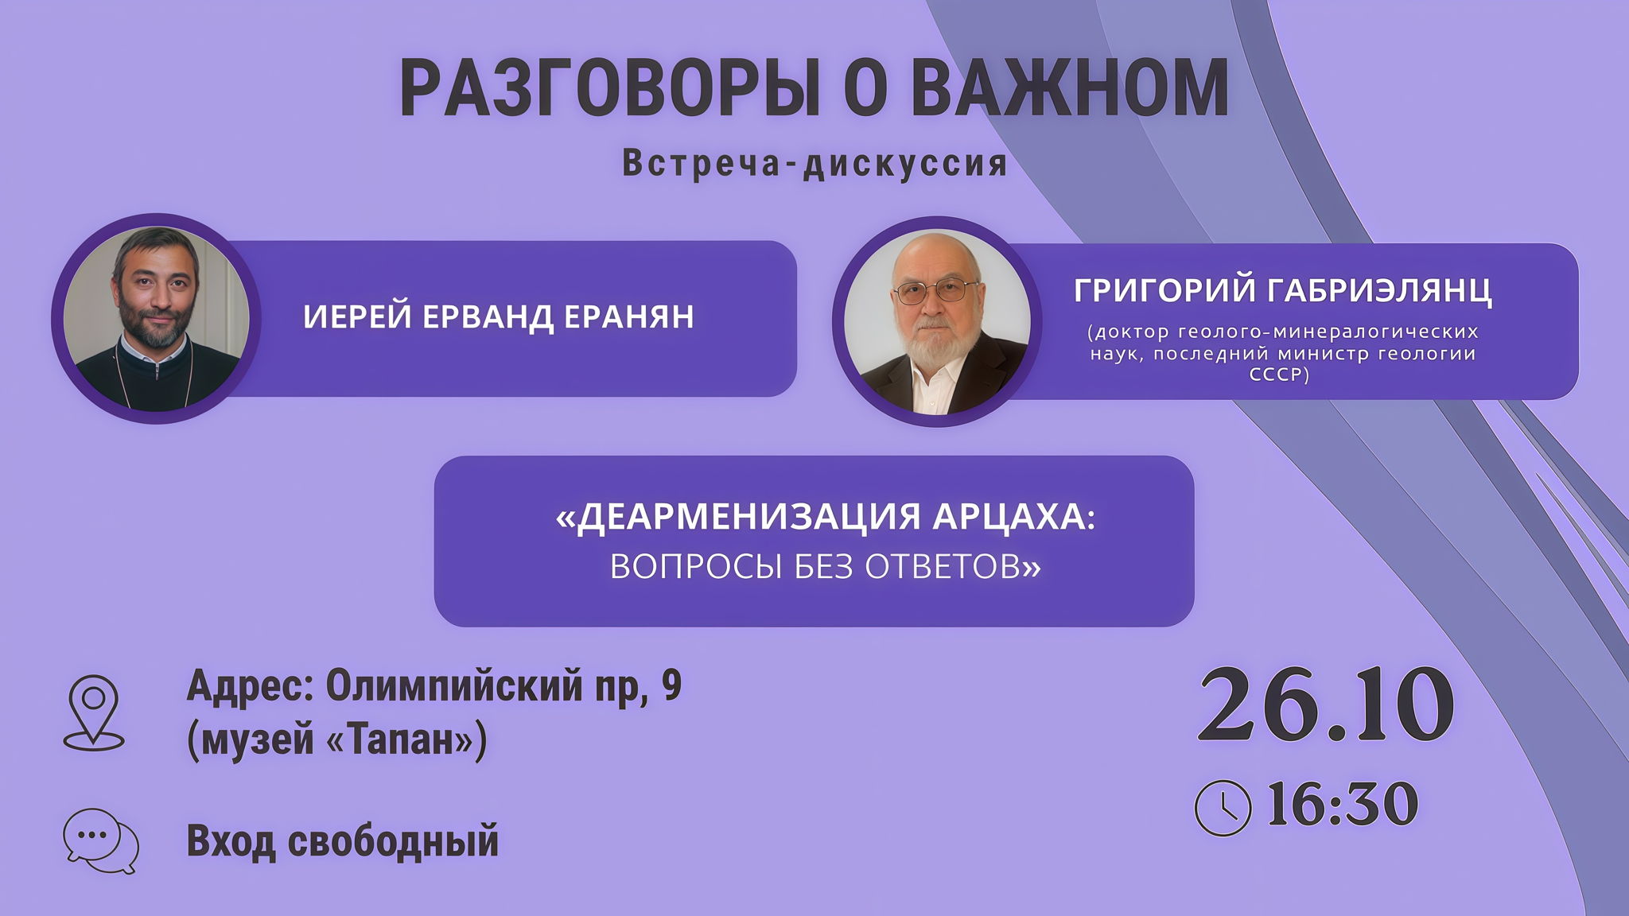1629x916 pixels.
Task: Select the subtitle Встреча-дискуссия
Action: coord(814,163)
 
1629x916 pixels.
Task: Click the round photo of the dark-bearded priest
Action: coord(156,318)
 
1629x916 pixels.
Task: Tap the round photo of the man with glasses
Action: coord(937,321)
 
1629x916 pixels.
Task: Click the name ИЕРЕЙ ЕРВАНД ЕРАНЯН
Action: coord(499,316)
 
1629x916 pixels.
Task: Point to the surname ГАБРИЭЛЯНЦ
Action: coord(1387,290)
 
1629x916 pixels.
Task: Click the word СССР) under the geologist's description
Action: coord(1279,375)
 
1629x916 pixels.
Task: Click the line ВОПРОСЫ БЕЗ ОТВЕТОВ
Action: coord(826,566)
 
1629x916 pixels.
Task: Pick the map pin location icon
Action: coord(94,712)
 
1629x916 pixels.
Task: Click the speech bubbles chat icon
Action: coord(101,840)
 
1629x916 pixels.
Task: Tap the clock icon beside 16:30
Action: coord(1223,808)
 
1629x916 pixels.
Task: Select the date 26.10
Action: coord(1326,705)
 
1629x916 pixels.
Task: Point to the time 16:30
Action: coord(1342,805)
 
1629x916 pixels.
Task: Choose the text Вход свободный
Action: coord(342,841)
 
